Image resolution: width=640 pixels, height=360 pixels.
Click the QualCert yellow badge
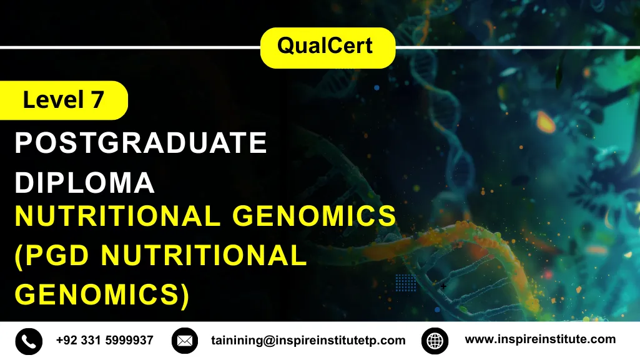pyautogui.click(x=327, y=47)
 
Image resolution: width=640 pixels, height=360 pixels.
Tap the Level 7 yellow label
pyautogui.click(x=63, y=100)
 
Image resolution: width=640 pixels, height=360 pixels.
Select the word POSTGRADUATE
pyautogui.click(x=140, y=144)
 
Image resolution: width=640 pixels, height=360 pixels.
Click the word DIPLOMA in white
pyautogui.click(x=84, y=182)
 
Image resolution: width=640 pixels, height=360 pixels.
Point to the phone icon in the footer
pyautogui.click(x=29, y=341)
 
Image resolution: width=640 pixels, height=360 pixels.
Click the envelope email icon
pyautogui.click(x=184, y=341)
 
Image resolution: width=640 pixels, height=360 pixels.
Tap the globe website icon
pyautogui.click(x=435, y=341)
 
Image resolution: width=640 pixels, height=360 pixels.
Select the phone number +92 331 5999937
pyautogui.click(x=104, y=340)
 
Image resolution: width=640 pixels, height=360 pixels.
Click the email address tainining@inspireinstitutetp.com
pyautogui.click(x=307, y=341)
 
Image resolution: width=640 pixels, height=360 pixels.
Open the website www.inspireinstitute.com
pyautogui.click(x=540, y=339)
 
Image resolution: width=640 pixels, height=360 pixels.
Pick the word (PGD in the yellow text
pyautogui.click(x=53, y=256)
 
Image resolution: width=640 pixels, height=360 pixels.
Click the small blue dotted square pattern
pyautogui.click(x=406, y=283)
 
